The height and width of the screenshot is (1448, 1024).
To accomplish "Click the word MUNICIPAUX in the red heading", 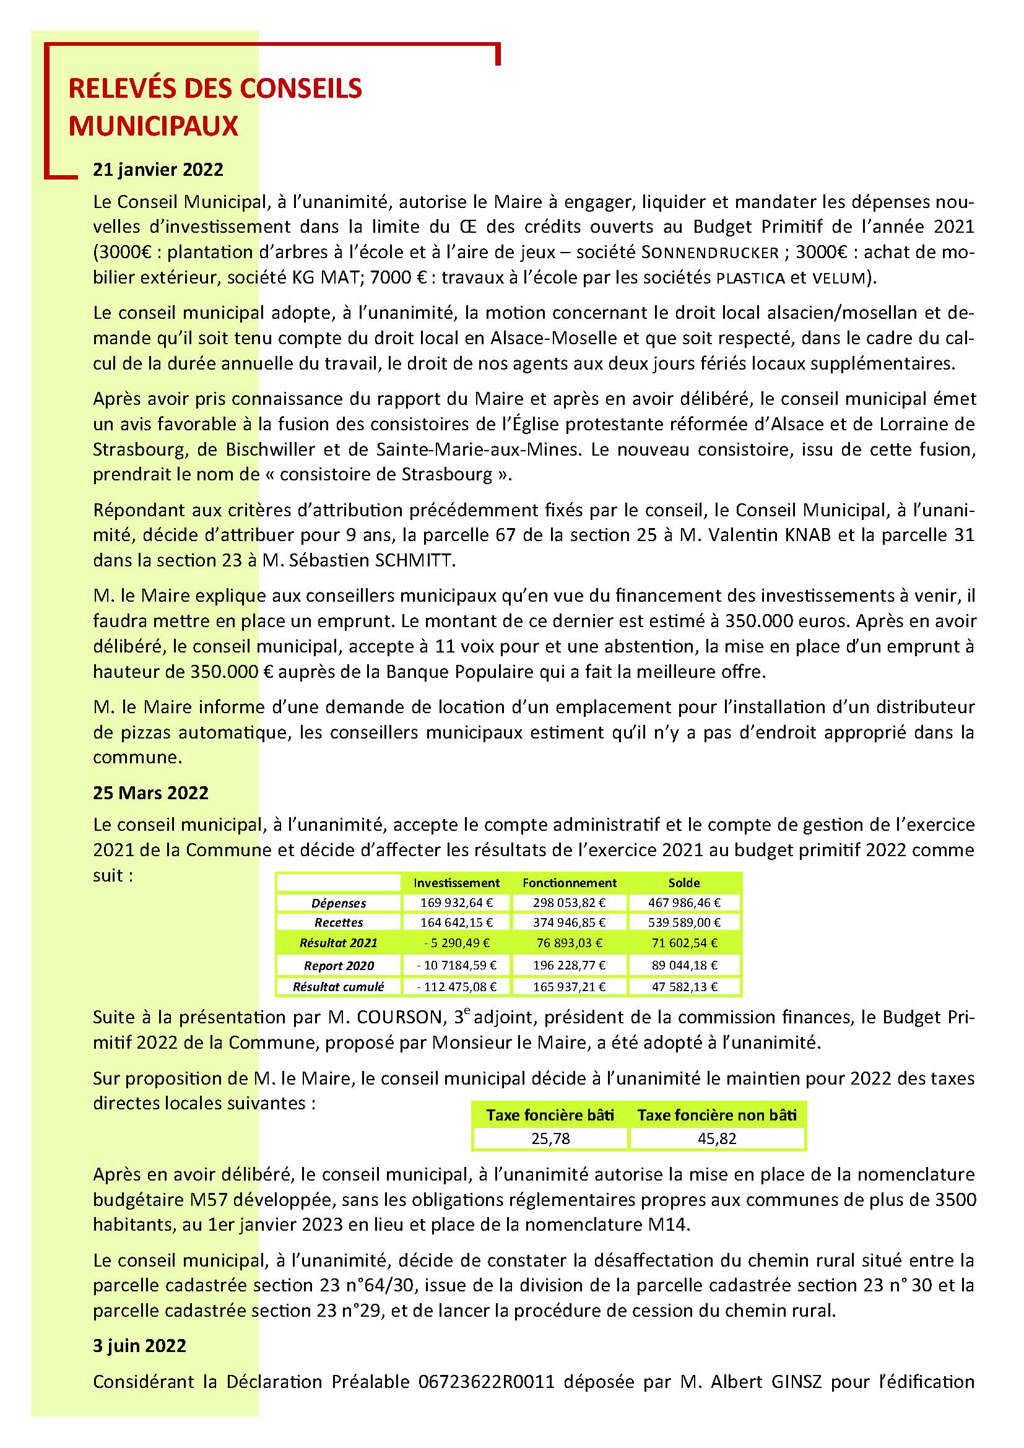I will [x=153, y=126].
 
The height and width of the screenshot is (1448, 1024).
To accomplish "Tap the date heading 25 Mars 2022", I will [x=150, y=793].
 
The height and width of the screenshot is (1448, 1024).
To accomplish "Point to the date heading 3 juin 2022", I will [x=139, y=1346].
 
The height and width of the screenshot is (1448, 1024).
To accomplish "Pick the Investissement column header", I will [x=456, y=883].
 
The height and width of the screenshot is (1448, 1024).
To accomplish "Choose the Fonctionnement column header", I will [x=570, y=883].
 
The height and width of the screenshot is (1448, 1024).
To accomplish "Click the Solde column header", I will [x=684, y=883].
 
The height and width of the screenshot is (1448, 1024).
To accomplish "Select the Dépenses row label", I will [x=339, y=903].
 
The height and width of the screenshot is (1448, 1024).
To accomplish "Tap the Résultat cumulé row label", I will [x=338, y=987].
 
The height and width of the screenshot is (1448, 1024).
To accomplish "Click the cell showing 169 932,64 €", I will [x=456, y=903].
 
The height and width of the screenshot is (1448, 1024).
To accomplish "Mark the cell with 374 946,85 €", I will [x=570, y=922].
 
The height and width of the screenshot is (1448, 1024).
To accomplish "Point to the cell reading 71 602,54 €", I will [x=684, y=943].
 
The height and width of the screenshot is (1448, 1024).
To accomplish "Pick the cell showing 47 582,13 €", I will [x=684, y=987].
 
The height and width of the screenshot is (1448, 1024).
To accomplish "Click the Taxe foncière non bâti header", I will [x=717, y=1116].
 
